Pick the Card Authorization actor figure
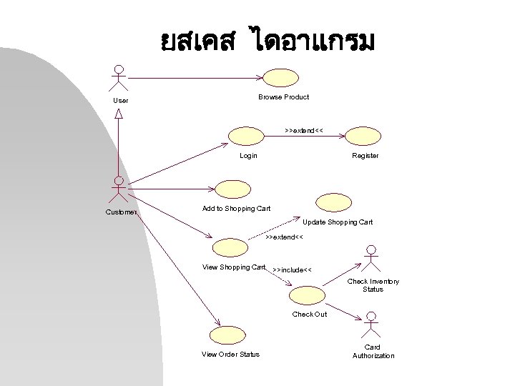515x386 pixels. pyautogui.click(x=371, y=327)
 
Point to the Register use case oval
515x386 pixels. pyautogui.click(x=363, y=136)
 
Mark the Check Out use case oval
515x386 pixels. pyautogui.click(x=308, y=295)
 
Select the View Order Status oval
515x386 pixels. pyautogui.click(x=226, y=335)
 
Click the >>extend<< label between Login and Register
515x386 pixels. pyautogui.click(x=304, y=132)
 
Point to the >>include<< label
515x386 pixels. pyautogui.click(x=292, y=270)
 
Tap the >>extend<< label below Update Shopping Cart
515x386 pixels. pyautogui.click(x=284, y=237)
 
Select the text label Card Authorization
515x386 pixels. pyautogui.click(x=373, y=352)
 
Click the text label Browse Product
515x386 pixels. pyautogui.click(x=283, y=96)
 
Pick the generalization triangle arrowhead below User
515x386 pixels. pyautogui.click(x=119, y=113)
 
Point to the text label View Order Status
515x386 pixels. pyautogui.click(x=230, y=355)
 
